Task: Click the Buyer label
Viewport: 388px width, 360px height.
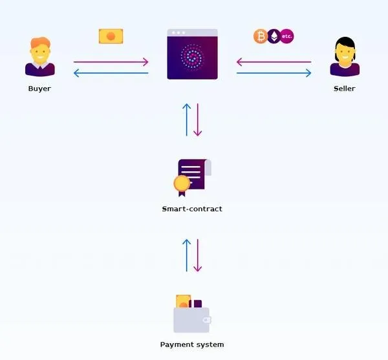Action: tap(39, 89)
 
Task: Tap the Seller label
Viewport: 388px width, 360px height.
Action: tap(345, 89)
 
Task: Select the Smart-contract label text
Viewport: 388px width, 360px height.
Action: tap(192, 209)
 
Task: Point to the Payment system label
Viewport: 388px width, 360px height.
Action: tap(192, 344)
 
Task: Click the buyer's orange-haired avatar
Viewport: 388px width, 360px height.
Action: tap(40, 57)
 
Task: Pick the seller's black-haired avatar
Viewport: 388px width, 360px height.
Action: tap(345, 57)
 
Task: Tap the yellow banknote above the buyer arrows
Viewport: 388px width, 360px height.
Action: tap(111, 36)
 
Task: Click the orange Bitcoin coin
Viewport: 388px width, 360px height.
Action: tap(261, 36)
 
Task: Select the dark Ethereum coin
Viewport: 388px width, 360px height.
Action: tap(274, 36)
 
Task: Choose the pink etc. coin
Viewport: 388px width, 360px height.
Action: tap(287, 36)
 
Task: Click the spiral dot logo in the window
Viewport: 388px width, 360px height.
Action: tap(192, 56)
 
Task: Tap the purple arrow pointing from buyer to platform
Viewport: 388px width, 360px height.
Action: tap(111, 62)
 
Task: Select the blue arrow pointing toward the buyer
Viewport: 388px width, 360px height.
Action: tap(111, 73)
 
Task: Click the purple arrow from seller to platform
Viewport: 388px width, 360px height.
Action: tap(274, 62)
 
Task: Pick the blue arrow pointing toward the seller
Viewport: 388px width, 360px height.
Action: tap(274, 73)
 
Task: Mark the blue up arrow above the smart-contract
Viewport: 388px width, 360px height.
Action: tap(187, 120)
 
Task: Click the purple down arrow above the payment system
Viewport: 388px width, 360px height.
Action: tap(197, 255)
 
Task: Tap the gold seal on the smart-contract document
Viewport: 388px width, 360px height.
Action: tap(182, 184)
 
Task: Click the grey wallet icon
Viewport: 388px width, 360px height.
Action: tap(192, 320)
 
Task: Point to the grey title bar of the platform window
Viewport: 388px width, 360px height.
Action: tap(192, 32)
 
